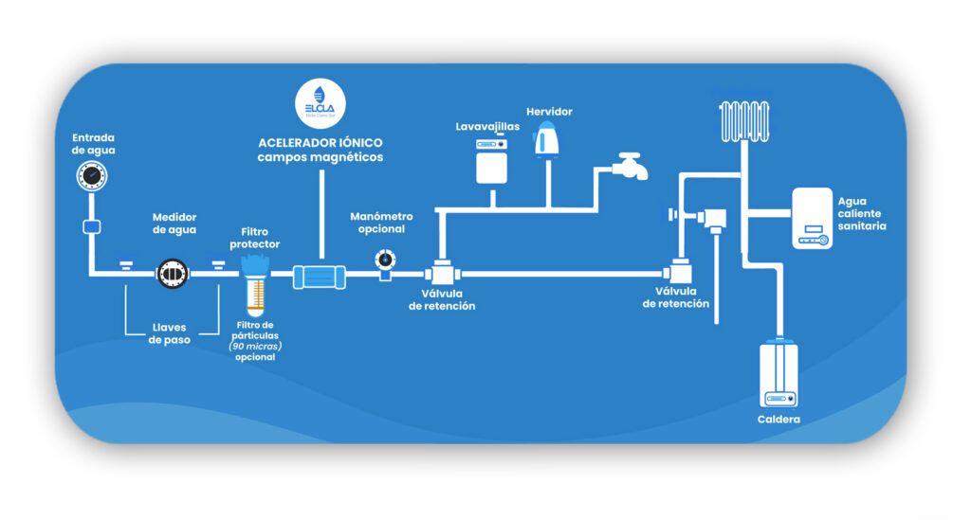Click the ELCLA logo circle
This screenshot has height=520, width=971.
pos(321,103)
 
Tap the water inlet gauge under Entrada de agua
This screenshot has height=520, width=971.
pos(92,175)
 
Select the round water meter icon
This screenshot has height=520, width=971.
pos(173,274)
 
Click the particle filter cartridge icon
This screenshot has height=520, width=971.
pos(255,286)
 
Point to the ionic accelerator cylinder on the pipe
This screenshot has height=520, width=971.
pos(319,277)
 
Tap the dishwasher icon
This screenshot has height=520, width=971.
pos(492,161)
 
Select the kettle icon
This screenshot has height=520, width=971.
pos(545,139)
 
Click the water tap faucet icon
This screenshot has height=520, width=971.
pos(631,167)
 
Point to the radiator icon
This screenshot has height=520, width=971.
pos(744,121)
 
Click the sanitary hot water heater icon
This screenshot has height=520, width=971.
pos(812,218)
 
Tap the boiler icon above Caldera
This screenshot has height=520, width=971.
pos(779,374)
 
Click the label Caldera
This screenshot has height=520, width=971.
pos(779,420)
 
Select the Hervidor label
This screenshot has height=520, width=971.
pos(549,112)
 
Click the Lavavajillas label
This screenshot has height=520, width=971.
pos(487,127)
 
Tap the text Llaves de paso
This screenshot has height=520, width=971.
pos(169,334)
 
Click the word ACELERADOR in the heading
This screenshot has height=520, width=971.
pos(294,143)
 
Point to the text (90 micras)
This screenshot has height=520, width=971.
pos(255,347)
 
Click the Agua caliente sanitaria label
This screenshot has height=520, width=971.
pos(862,213)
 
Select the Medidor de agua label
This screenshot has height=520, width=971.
pos(174,224)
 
